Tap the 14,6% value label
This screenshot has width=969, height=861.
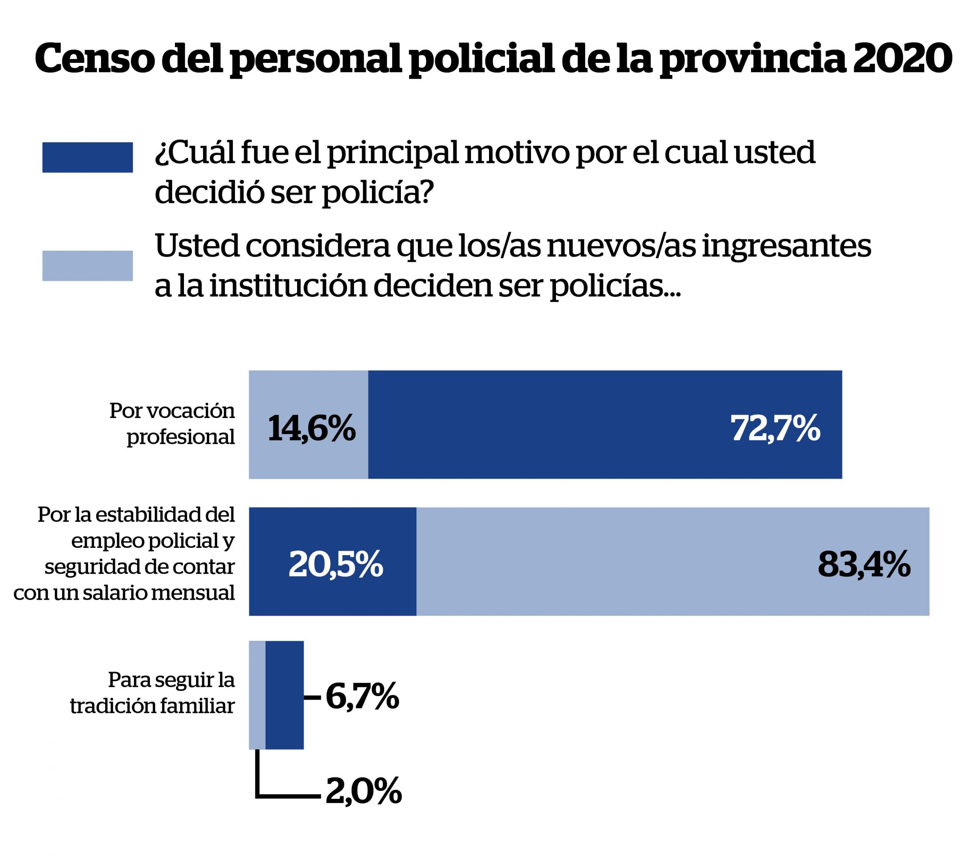[312, 428]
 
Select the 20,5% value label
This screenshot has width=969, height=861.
[336, 564]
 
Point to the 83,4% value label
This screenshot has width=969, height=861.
[864, 564]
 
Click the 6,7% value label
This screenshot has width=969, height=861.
[362, 696]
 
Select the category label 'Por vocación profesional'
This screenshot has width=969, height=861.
[172, 423]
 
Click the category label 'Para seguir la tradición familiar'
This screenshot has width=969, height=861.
[153, 693]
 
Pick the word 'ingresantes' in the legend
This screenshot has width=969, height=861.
[786, 246]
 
